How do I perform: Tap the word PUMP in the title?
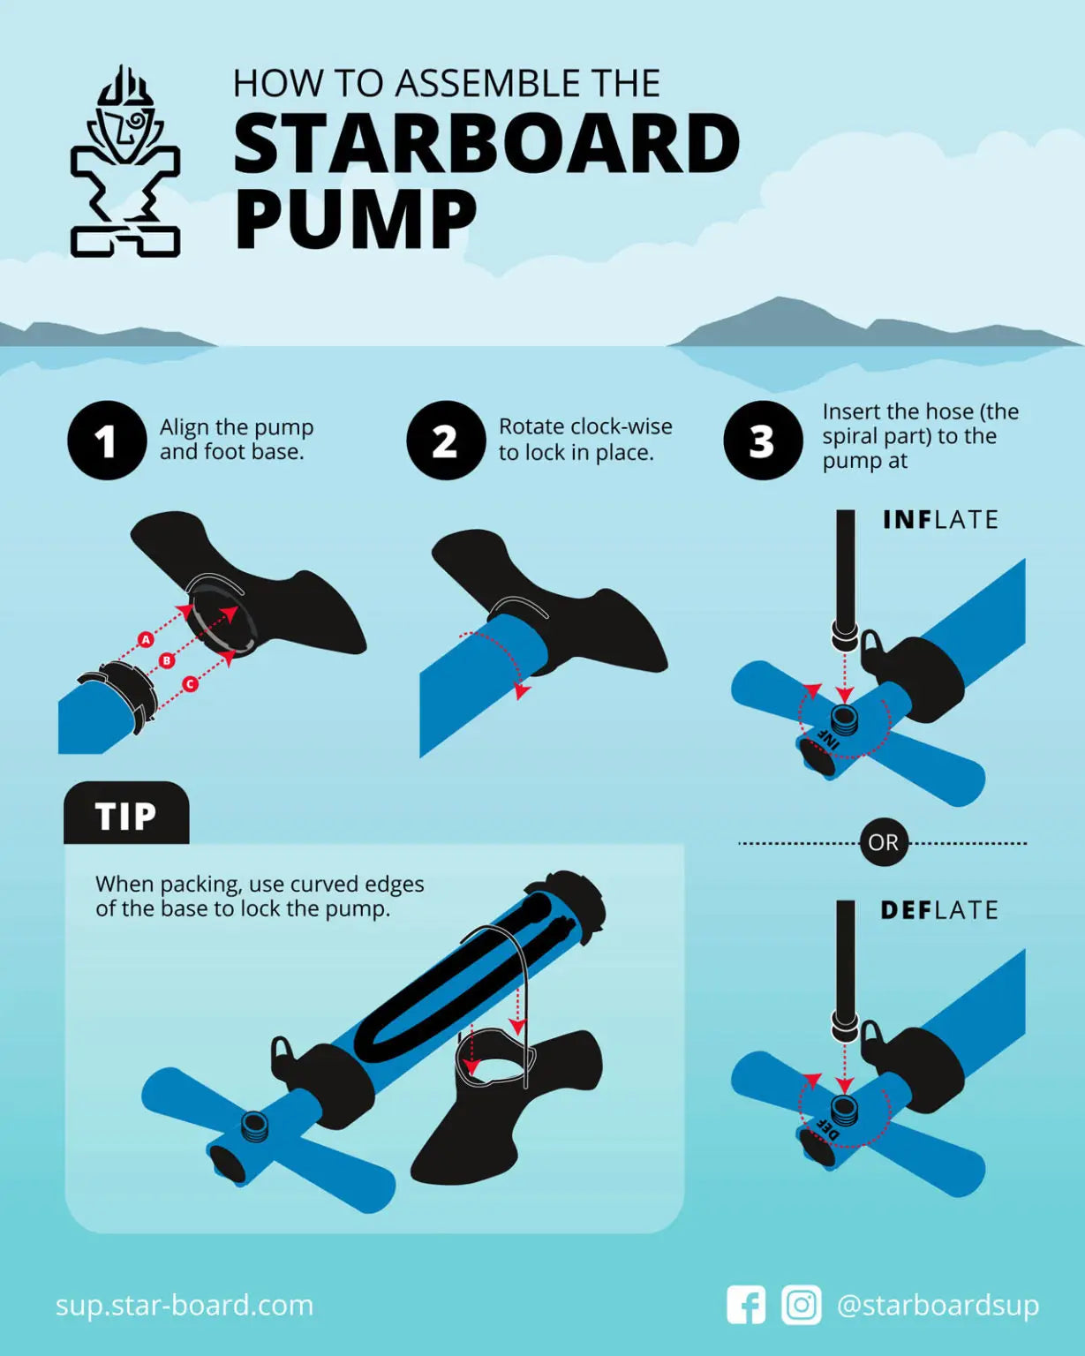(355, 220)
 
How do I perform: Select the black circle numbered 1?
(107, 441)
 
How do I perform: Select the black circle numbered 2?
(446, 441)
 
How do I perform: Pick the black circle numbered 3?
(763, 441)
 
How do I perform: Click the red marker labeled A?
(147, 639)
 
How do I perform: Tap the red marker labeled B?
(167, 660)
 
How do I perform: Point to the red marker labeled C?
(190, 684)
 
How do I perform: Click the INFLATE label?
(940, 520)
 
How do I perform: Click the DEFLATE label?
(939, 910)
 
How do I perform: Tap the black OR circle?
(883, 842)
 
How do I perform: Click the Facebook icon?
(746, 1305)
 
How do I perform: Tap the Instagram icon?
(802, 1305)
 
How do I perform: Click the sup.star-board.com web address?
(185, 1305)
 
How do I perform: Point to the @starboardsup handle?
(938, 1305)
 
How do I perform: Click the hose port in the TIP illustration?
(254, 1126)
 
